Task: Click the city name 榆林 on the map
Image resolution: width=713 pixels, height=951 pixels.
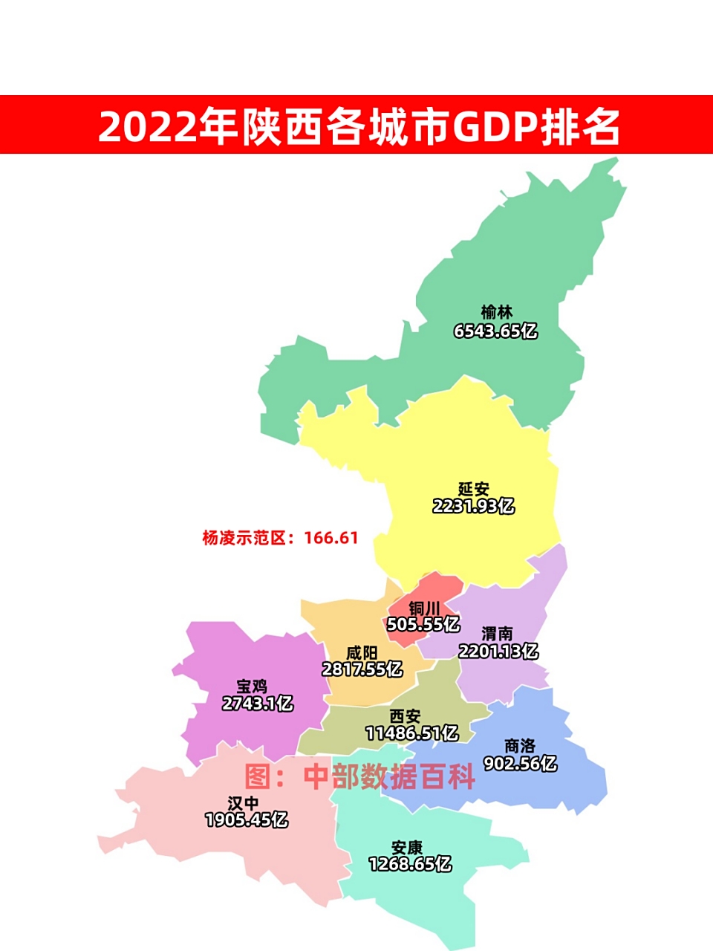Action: pos(496,312)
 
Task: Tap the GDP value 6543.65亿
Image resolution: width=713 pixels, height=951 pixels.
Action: pos(495,331)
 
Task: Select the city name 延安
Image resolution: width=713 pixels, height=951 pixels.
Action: pos(474,489)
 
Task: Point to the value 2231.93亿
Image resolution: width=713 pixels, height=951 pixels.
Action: pos(474,507)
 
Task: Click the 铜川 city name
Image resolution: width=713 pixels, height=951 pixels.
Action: pos(424,608)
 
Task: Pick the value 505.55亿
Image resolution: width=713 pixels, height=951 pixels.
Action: pos(423,625)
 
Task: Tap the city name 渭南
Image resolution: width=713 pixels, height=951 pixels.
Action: pos(498,634)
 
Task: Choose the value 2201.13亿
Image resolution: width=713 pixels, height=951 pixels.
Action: pos(498,652)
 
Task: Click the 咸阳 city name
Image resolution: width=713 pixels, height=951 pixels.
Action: pos(362,653)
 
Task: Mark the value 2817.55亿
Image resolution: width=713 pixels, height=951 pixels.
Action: pos(362,669)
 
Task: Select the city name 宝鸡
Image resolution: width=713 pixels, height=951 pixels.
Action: pos(252,686)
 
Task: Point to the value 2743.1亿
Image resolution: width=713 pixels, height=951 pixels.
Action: pos(258,704)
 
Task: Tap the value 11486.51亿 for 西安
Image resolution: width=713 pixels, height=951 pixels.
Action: pos(412,734)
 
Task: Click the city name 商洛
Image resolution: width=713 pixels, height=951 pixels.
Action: pos(520,746)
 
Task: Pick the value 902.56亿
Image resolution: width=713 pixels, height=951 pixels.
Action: pos(520,764)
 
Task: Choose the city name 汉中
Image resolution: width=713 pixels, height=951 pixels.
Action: pos(244,803)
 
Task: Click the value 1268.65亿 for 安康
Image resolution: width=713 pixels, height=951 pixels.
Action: pos(410,865)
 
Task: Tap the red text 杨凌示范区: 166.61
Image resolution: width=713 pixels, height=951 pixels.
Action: pos(281,538)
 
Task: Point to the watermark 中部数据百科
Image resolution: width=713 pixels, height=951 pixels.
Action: pos(389,777)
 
